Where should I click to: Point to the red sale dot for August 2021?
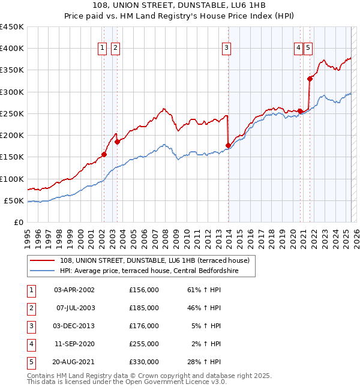tap(310, 78)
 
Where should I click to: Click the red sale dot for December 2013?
tap(228, 145)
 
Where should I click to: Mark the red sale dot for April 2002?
tap(104, 154)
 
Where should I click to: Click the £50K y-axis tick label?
tap(14, 200)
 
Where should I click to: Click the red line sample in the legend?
tap(43, 260)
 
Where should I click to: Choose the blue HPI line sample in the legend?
tap(43, 271)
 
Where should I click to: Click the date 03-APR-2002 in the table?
tap(74, 290)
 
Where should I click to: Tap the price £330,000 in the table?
tap(143, 362)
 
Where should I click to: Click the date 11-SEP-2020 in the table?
tap(74, 344)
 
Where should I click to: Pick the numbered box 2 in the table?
tap(31, 308)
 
